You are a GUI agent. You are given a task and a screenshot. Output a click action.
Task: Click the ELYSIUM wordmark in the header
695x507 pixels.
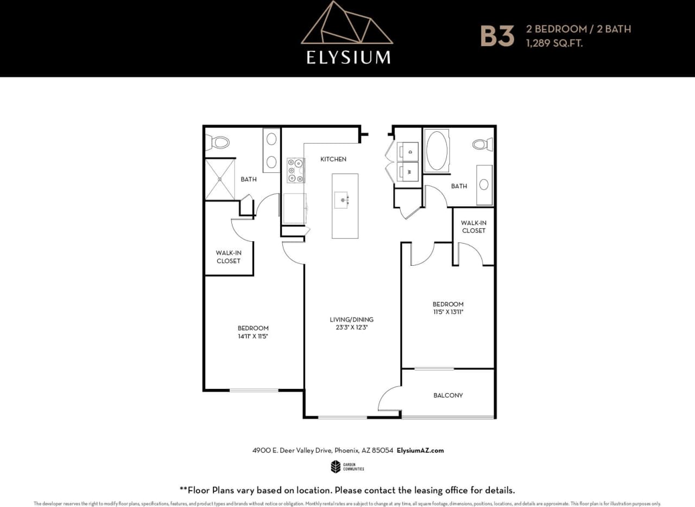click(x=348, y=57)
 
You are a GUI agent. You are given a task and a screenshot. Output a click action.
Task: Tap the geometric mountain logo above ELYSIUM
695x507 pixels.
click(x=347, y=24)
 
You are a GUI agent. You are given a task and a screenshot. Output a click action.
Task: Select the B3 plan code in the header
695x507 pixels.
click(x=497, y=36)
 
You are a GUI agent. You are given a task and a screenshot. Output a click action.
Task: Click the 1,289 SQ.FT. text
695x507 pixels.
click(x=553, y=43)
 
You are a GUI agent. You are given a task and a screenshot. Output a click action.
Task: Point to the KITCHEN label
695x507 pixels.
click(x=333, y=159)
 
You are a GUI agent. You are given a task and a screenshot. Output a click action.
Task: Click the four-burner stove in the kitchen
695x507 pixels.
click(x=296, y=170)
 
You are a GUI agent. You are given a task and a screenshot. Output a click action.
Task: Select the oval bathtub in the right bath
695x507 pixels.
click(x=437, y=151)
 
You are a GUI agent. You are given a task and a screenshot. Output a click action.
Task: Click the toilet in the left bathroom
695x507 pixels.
click(x=218, y=143)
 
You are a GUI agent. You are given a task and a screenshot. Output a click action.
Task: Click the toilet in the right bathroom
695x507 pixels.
click(x=481, y=144)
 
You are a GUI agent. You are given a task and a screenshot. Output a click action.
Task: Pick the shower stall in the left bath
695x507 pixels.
click(x=220, y=179)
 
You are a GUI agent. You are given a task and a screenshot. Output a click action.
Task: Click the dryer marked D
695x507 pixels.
click(x=408, y=151)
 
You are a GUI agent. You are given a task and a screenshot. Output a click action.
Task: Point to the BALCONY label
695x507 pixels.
click(x=448, y=395)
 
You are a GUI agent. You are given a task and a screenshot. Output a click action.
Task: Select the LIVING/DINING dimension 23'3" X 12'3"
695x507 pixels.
click(x=351, y=328)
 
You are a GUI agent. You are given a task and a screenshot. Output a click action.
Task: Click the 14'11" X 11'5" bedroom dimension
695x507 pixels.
click(x=253, y=336)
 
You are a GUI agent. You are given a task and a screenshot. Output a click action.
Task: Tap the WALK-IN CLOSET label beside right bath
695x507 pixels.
click(x=473, y=227)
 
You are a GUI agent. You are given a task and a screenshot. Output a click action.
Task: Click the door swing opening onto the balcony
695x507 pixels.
click(x=389, y=399)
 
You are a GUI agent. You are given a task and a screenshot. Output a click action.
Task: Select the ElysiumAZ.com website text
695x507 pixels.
click(x=420, y=451)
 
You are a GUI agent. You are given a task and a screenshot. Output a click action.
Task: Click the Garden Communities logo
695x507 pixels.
click(x=347, y=466)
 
